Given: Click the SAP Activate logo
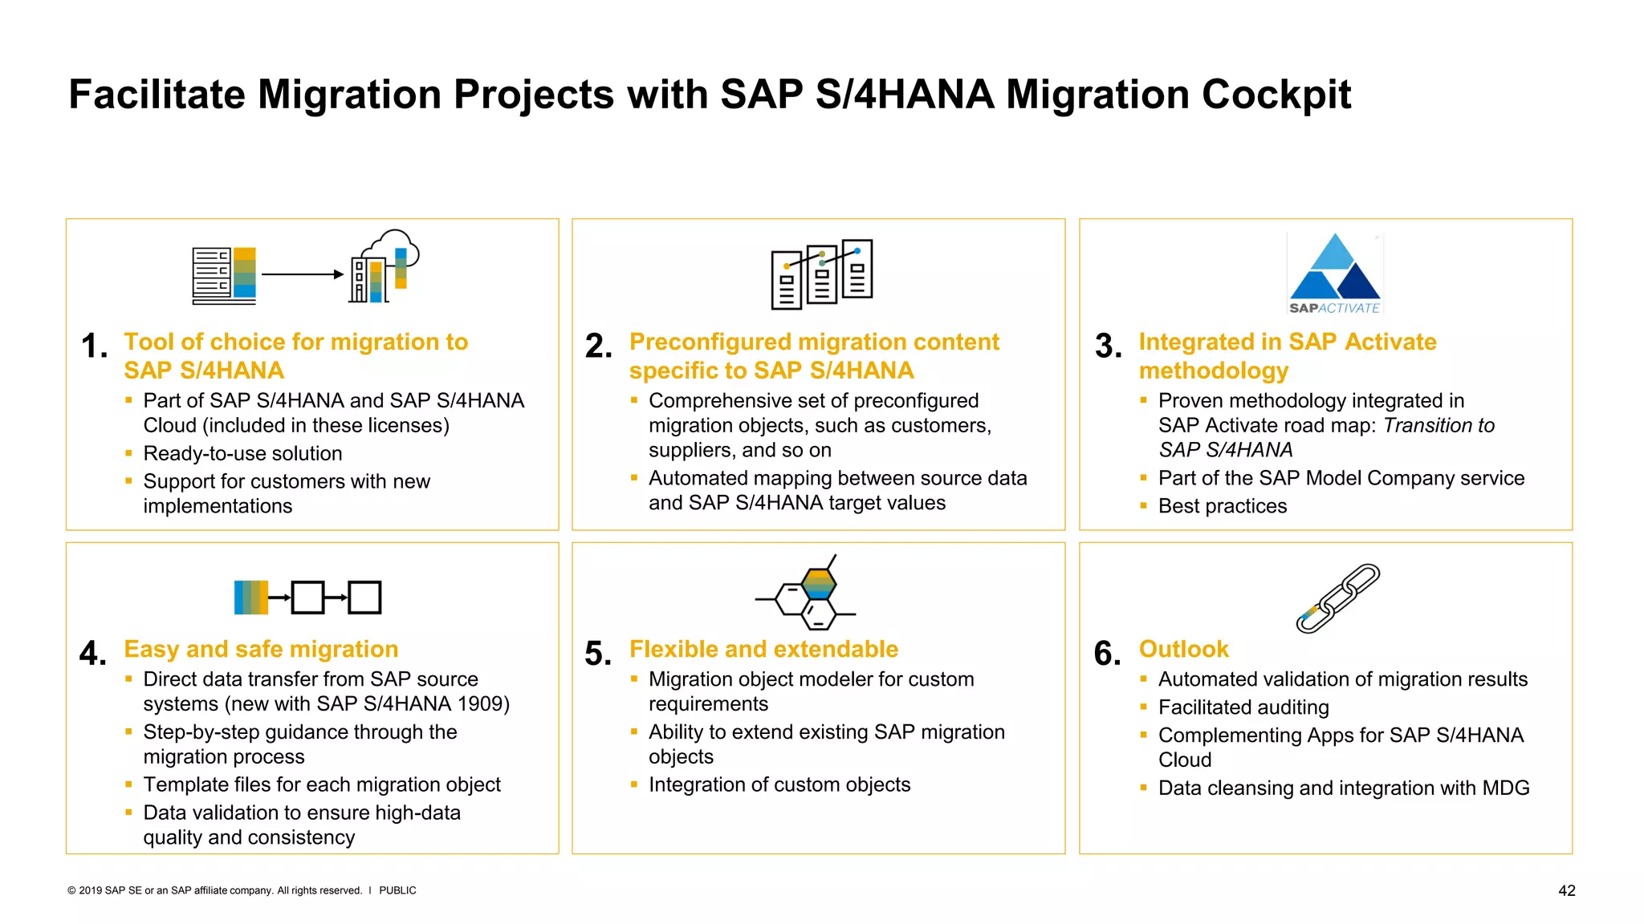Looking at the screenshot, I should (x=1334, y=274).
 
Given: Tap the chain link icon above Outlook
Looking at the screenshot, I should (x=1337, y=598).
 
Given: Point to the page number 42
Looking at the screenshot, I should (x=1566, y=890).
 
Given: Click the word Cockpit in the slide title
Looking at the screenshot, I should (x=1276, y=95).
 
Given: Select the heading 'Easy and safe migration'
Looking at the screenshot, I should (x=261, y=649).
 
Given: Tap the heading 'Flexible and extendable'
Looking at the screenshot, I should (x=763, y=649).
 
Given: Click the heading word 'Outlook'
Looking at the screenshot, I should (x=1183, y=649).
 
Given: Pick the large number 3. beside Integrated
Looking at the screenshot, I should (x=1108, y=346).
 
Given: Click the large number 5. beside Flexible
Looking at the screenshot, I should (x=598, y=654).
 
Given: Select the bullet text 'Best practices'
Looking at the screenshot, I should (x=1222, y=506).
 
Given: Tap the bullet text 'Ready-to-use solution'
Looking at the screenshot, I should (x=242, y=453).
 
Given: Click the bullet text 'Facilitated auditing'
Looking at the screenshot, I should (x=1243, y=707).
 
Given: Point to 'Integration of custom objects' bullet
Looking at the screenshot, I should (x=779, y=784).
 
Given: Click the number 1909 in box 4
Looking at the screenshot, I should (x=478, y=703).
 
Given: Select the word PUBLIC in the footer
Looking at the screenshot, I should (x=397, y=890).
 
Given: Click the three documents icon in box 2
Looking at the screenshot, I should (x=821, y=274).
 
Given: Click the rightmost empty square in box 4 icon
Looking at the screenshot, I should (x=364, y=598).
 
